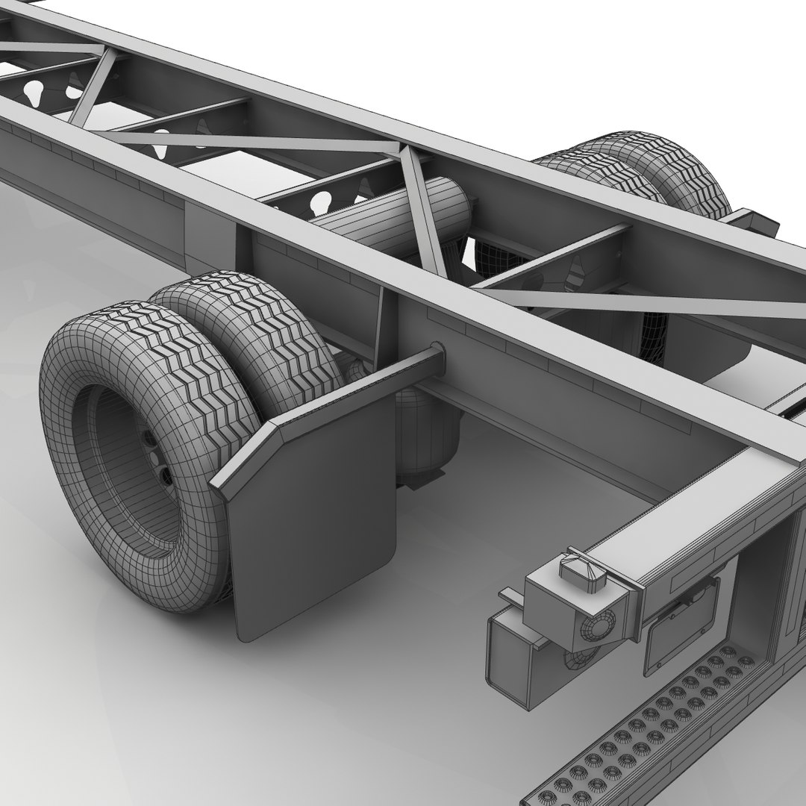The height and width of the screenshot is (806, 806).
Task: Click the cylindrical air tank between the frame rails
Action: coord(388,216)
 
